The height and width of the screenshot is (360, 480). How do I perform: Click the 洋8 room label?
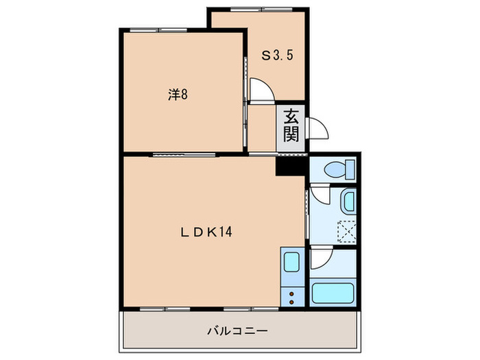[178, 95]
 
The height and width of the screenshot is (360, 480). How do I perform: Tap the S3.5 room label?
[278, 56]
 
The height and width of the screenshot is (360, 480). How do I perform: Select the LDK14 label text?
[206, 232]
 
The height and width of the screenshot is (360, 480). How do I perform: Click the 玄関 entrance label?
[291, 125]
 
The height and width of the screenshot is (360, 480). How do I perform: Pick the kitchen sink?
[291, 263]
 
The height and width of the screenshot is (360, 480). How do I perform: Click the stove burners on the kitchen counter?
[291, 297]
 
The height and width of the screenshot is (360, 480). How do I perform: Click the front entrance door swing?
[317, 128]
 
